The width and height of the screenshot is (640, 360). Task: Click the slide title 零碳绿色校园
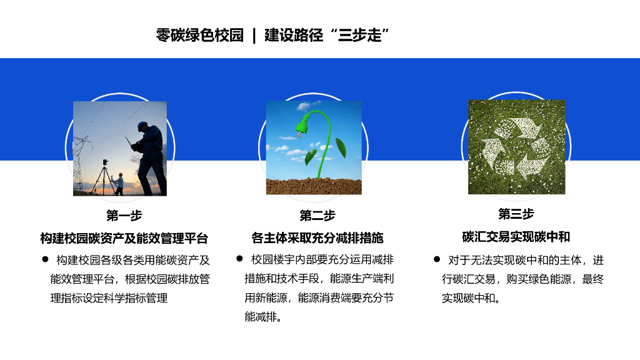tap(199, 35)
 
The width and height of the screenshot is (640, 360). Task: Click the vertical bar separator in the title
tap(254, 35)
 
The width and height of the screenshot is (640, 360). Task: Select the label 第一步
tap(124, 216)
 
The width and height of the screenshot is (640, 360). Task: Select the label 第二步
tap(317, 216)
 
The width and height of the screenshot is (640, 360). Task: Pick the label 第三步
tap(516, 214)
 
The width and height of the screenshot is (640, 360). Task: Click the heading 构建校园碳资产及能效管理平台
tap(124, 238)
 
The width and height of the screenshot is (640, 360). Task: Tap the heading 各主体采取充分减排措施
tap(317, 238)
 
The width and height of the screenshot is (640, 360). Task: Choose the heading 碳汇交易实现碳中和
tap(516, 237)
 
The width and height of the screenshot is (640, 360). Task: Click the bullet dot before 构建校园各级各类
tap(45, 259)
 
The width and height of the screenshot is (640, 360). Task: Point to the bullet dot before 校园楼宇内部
tap(239, 258)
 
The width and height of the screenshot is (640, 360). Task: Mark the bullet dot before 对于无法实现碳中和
tap(437, 259)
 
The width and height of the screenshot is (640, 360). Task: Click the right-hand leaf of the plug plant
tap(341, 147)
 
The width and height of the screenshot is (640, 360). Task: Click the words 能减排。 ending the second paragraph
tap(263, 317)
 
